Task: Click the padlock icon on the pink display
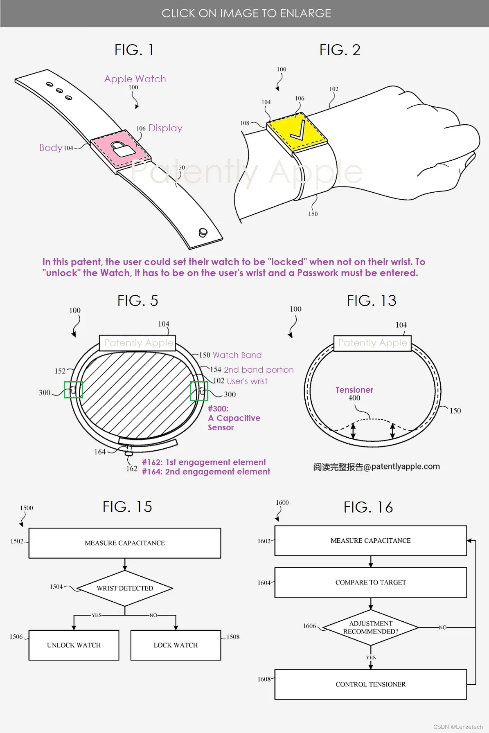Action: pyautogui.click(x=123, y=149)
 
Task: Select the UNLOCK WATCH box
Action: pyautogui.click(x=74, y=645)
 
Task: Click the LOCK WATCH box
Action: pyautogui.click(x=176, y=645)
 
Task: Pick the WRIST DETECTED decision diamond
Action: pyautogui.click(x=125, y=588)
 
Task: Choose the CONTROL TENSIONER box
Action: pyautogui.click(x=371, y=684)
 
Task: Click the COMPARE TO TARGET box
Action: pyautogui.click(x=371, y=582)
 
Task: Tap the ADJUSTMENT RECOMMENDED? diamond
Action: pyautogui.click(x=371, y=627)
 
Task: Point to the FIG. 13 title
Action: pyautogui.click(x=372, y=301)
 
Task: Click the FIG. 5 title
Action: pyautogui.click(x=137, y=301)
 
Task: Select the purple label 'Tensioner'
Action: pyautogui.click(x=354, y=390)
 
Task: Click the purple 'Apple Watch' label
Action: pyautogui.click(x=135, y=79)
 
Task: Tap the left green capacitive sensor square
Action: pyautogui.click(x=74, y=390)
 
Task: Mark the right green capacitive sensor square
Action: pyautogui.click(x=199, y=391)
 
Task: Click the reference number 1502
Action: pyautogui.click(x=17, y=541)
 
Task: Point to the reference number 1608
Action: pyautogui.click(x=264, y=679)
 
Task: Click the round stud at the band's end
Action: pyautogui.click(x=203, y=233)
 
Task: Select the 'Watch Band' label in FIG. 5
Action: pyautogui.click(x=237, y=355)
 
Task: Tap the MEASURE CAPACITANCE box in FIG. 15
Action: pyautogui.click(x=125, y=543)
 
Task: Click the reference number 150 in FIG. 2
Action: pyautogui.click(x=313, y=214)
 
